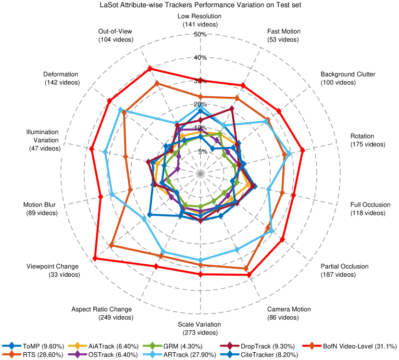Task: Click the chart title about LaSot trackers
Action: [x=199, y=5]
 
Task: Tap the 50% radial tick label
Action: [x=199, y=34]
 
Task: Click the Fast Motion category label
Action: [x=284, y=35]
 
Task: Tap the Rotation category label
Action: [x=368, y=140]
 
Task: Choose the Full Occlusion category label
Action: [x=370, y=208]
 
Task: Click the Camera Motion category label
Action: [x=289, y=313]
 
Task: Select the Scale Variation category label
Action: [x=199, y=328]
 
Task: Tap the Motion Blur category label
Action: [x=40, y=208]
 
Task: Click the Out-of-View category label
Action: [x=115, y=35]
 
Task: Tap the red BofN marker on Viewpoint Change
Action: [x=95, y=259]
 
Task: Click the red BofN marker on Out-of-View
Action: [x=150, y=68]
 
